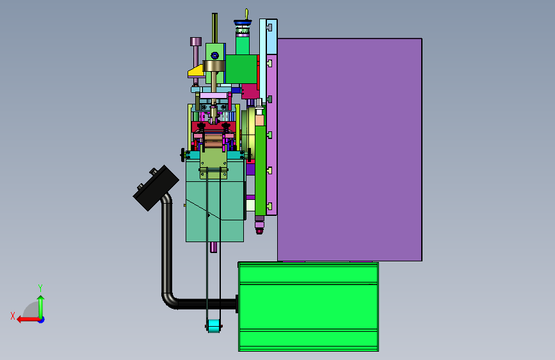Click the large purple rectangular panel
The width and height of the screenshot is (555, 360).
[350, 149]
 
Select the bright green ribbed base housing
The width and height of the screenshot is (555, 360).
[309, 307]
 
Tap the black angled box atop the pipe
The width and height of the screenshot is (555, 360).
[156, 188]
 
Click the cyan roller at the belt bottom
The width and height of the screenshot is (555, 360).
[213, 326]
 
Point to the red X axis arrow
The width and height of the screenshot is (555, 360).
[28, 320]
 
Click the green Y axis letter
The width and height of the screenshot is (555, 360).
[40, 288]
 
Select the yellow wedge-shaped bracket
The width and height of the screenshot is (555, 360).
[197, 71]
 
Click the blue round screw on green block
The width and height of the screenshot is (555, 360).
[214, 56]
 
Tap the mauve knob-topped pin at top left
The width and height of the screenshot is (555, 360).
[196, 60]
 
